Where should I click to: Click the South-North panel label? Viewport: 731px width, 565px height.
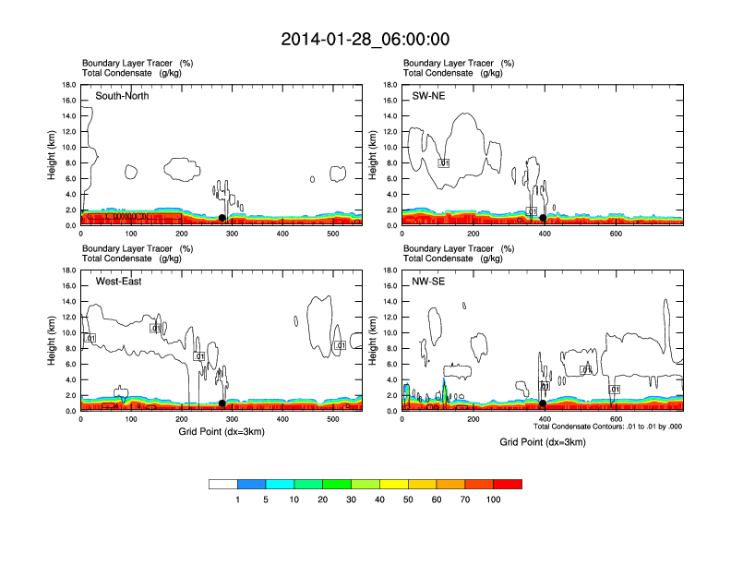click(122, 96)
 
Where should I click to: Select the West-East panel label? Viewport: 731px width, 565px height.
click(116, 282)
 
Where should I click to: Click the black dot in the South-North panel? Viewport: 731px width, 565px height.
click(222, 218)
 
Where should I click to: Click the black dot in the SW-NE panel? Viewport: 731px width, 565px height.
click(543, 219)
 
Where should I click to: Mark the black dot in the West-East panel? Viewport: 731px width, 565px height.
click(222, 403)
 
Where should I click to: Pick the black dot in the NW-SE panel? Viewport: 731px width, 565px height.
click(543, 403)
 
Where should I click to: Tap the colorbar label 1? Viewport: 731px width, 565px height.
click(238, 499)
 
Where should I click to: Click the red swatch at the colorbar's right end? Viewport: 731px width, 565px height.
click(508, 484)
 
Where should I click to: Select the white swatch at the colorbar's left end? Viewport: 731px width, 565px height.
click(223, 484)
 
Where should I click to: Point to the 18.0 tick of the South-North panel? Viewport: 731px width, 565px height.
click(68, 85)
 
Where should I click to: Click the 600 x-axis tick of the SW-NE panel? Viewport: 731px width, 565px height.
click(616, 234)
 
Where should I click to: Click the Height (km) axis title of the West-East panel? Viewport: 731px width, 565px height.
click(53, 340)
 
